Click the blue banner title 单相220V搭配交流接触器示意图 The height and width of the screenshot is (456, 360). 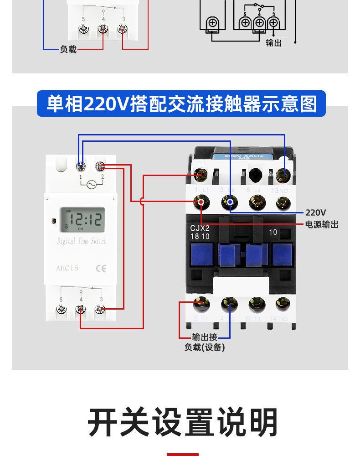tap(181, 104)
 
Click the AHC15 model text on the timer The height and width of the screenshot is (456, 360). tap(67, 268)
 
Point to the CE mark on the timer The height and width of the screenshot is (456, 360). tap(101, 268)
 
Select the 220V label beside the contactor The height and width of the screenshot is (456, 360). tap(316, 212)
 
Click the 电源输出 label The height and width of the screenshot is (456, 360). tap(322, 224)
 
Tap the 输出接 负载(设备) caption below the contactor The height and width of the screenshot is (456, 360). tap(205, 342)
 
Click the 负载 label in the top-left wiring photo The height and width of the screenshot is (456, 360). tap(68, 49)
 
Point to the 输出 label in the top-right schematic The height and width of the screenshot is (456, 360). tap(273, 43)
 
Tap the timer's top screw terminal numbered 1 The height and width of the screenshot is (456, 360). tap(82, 166)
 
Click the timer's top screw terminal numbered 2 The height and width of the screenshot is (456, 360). tap(101, 166)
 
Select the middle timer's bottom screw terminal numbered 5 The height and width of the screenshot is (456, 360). tap(61, 310)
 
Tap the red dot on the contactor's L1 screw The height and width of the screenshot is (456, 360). tap(201, 201)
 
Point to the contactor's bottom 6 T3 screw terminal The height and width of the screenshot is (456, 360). tap(257, 303)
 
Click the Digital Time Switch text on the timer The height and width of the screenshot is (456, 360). tap(82, 241)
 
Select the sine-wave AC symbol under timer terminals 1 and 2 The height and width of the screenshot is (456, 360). tap(91, 184)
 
